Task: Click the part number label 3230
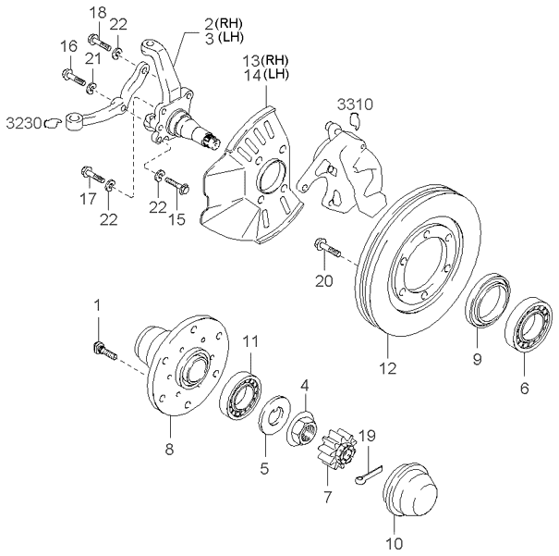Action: [23, 120]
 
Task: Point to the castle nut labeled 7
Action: [328, 453]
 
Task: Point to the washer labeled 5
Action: [275, 415]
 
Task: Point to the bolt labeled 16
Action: [72, 75]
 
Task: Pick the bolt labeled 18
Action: [101, 42]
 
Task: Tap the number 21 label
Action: [91, 59]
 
